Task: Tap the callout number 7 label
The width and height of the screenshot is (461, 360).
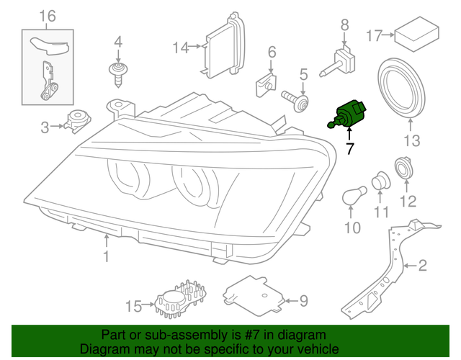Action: pos(350,150)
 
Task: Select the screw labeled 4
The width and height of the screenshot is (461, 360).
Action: pos(115,73)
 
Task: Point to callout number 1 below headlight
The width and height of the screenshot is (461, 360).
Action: pos(106,257)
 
